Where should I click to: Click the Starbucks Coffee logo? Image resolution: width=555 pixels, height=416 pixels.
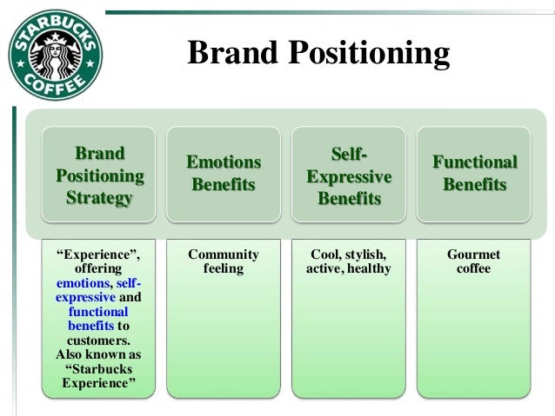point(55,55)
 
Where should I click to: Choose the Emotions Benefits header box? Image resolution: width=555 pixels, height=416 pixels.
point(224,174)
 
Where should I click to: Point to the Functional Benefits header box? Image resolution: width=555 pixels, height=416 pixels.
point(475,174)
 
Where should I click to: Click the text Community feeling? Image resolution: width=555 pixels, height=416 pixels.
point(224,261)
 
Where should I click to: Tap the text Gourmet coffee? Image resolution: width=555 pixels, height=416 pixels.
point(474,261)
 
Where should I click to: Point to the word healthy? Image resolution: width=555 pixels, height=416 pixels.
point(369,269)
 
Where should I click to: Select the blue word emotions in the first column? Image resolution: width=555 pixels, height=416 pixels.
point(82,283)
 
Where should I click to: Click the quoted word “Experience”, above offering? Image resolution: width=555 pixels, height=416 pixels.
point(98,254)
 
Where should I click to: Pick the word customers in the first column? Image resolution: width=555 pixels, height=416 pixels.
point(98,340)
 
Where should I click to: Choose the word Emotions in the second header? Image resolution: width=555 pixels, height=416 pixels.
point(224,162)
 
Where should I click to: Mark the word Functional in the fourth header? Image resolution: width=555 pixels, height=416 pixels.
point(475,162)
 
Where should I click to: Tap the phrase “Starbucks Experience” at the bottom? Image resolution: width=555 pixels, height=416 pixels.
point(98,376)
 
